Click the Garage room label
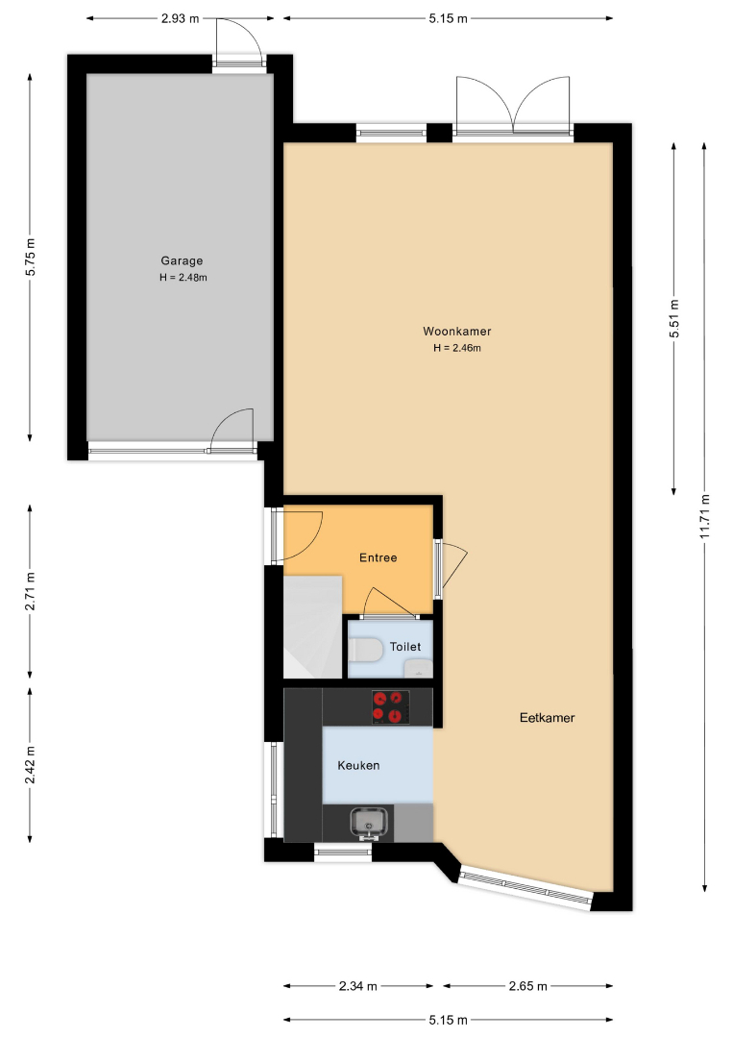[x=182, y=260]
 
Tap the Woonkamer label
[x=457, y=331]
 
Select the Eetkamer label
[x=547, y=718]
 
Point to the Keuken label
[x=358, y=765]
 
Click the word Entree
[x=379, y=557]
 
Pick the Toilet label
[x=404, y=647]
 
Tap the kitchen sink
[x=369, y=823]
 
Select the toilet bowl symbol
[x=365, y=650]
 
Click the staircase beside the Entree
[x=312, y=627]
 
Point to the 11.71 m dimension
[x=705, y=516]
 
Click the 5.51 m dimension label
[x=674, y=319]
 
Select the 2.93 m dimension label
[x=180, y=18]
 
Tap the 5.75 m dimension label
[x=31, y=257]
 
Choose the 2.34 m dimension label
[x=358, y=986]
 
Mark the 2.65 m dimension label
[x=528, y=986]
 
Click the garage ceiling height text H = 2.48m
[x=183, y=278]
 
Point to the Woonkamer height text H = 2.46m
[x=457, y=348]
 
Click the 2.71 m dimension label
[x=31, y=592]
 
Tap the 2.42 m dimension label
[x=31, y=765]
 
